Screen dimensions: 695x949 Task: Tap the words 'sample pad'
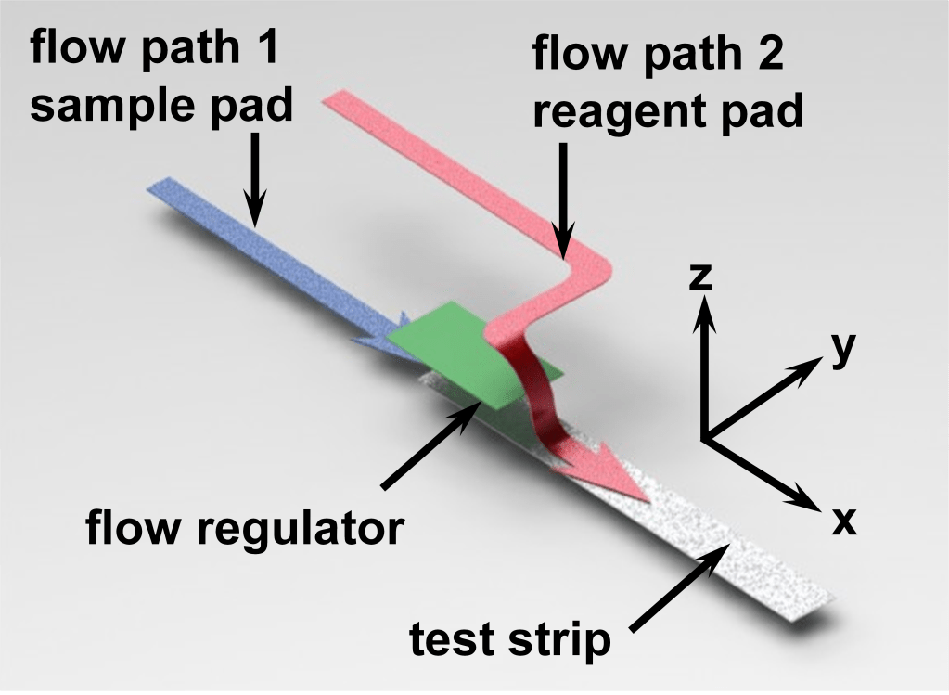(x=161, y=106)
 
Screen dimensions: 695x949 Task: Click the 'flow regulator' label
(x=245, y=530)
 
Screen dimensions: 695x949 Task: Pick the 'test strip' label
(x=511, y=639)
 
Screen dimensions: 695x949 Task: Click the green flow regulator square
(x=473, y=357)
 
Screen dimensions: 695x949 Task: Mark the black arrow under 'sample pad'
(x=255, y=181)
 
